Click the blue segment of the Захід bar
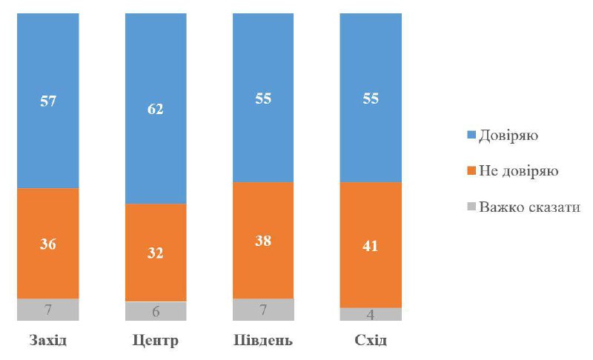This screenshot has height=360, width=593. (x=48, y=101)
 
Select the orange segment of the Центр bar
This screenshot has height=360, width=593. (x=156, y=253)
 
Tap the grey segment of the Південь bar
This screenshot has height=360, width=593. (x=263, y=310)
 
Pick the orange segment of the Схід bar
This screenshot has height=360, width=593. (x=371, y=244)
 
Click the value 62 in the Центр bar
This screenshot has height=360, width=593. (x=156, y=109)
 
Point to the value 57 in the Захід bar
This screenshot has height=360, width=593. (x=48, y=101)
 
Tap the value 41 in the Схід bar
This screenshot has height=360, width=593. (x=370, y=246)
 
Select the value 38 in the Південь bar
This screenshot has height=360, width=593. (x=263, y=241)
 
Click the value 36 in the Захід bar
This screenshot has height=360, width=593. (x=48, y=244)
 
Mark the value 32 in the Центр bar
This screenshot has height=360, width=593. (x=156, y=253)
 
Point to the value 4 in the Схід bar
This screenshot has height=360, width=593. (x=371, y=315)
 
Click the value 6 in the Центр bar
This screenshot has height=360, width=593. (x=156, y=312)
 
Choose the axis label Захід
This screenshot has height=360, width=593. (x=48, y=340)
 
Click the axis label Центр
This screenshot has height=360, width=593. (x=156, y=341)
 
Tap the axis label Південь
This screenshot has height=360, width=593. (x=263, y=340)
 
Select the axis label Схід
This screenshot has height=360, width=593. (x=371, y=340)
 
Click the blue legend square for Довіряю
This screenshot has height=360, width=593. (x=471, y=135)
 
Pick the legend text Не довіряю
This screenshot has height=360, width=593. (x=518, y=171)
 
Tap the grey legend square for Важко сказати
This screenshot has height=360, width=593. (x=471, y=207)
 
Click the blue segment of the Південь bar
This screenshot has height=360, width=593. (x=263, y=98)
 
